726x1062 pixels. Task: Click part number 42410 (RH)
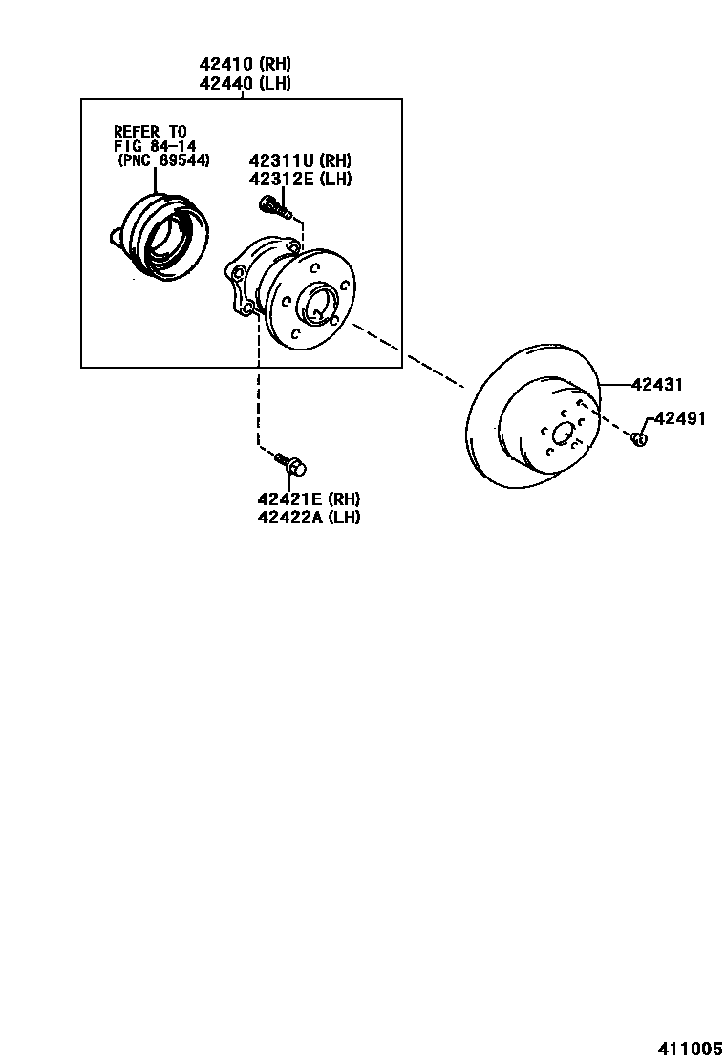click(x=245, y=65)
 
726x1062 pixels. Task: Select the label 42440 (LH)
click(x=245, y=83)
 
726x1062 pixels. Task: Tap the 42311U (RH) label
click(x=300, y=160)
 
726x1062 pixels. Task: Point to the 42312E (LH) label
click(x=300, y=179)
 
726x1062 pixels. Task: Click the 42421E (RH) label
click(x=309, y=499)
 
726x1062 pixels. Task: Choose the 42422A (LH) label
click(x=309, y=518)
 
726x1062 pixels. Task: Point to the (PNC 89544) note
click(x=164, y=160)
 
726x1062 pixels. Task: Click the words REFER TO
click(x=151, y=131)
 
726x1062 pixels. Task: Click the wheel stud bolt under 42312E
click(x=273, y=206)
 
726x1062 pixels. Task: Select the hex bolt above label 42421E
click(x=290, y=464)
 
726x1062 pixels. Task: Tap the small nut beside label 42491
click(x=639, y=438)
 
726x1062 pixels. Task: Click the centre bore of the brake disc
click(x=564, y=433)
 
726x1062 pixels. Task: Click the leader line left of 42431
click(x=615, y=385)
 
